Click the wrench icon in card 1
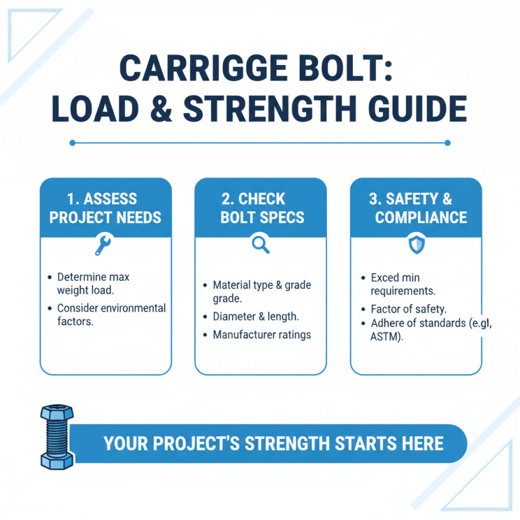(x=103, y=244)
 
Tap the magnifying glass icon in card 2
(x=260, y=244)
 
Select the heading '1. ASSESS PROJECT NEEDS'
(x=105, y=207)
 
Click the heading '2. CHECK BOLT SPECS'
(x=260, y=207)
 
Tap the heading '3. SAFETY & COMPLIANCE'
(x=416, y=207)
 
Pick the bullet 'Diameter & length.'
(x=255, y=317)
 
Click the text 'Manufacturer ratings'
(x=262, y=335)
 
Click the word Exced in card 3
(x=384, y=278)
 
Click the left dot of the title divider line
(x=72, y=142)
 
